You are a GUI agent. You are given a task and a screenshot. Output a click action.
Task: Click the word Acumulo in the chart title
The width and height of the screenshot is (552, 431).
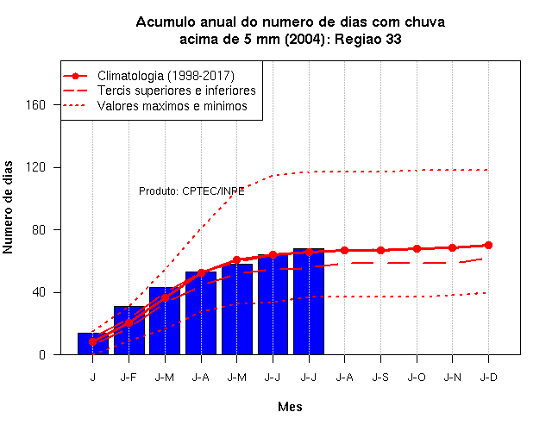[166, 22]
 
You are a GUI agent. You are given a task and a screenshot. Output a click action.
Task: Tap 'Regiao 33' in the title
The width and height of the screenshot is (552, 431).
[368, 39]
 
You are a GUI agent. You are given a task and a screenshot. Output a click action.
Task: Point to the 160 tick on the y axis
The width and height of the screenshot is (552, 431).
[35, 105]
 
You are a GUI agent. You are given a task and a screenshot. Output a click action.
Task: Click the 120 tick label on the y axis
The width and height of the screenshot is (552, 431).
[35, 167]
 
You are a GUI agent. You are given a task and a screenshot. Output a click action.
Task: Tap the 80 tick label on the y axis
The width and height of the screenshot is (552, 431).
[39, 230]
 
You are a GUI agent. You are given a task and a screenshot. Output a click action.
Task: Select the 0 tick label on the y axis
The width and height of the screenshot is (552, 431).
[42, 354]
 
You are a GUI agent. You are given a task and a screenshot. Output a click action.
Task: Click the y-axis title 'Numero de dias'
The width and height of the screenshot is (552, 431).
[8, 207]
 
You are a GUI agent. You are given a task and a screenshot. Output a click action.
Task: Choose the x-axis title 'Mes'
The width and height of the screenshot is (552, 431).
[290, 407]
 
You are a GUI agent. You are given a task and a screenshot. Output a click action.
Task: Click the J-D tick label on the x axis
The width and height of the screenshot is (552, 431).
[489, 378]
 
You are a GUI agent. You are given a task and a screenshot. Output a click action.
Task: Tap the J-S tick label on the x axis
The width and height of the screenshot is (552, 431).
[380, 378]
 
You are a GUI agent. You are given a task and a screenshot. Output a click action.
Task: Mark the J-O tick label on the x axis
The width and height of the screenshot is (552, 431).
[417, 378]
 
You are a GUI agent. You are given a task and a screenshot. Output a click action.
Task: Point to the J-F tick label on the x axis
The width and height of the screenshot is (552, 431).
[129, 378]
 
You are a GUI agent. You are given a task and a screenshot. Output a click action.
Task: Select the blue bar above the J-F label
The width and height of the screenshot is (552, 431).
[129, 330]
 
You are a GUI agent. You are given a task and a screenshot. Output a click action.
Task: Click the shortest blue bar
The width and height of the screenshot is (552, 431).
[93, 344]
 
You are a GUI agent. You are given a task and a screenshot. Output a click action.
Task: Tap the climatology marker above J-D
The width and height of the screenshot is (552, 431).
[488, 245]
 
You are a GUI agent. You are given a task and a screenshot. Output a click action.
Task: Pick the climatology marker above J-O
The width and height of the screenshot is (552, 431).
[417, 249]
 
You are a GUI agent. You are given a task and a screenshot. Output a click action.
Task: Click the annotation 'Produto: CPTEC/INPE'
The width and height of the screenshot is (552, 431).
[191, 191]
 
